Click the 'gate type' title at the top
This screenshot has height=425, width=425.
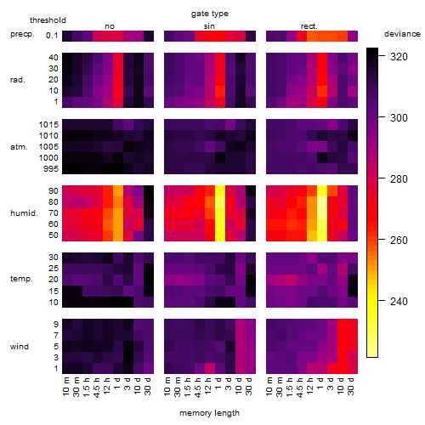tap(210, 14)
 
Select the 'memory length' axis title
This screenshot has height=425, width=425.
tap(209, 413)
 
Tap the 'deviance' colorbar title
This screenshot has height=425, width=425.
tap(402, 34)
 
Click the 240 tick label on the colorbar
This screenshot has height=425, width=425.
tap(399, 302)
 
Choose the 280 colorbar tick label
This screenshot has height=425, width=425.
tap(399, 179)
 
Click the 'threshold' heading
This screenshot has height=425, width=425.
tap(48, 20)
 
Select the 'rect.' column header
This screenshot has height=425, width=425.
tap(309, 26)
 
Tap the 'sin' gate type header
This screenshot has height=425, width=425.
tap(209, 26)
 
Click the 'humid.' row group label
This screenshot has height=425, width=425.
tap(24, 213)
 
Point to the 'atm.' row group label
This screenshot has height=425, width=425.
tap(19, 147)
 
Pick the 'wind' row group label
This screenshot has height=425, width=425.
tap(20, 347)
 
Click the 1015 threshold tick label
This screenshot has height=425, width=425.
tap(48, 125)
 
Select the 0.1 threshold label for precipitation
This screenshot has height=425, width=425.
tap(52, 36)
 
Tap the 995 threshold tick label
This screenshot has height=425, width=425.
tap(51, 169)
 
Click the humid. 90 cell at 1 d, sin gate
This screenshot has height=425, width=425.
tap(220, 191)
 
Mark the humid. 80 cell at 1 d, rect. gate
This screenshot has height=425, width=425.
tap(322, 202)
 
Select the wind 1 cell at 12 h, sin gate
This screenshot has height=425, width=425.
tap(210, 368)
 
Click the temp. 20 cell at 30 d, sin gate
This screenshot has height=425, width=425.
tap(251, 280)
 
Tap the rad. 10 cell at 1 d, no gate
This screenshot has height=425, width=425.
tap(118, 91)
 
